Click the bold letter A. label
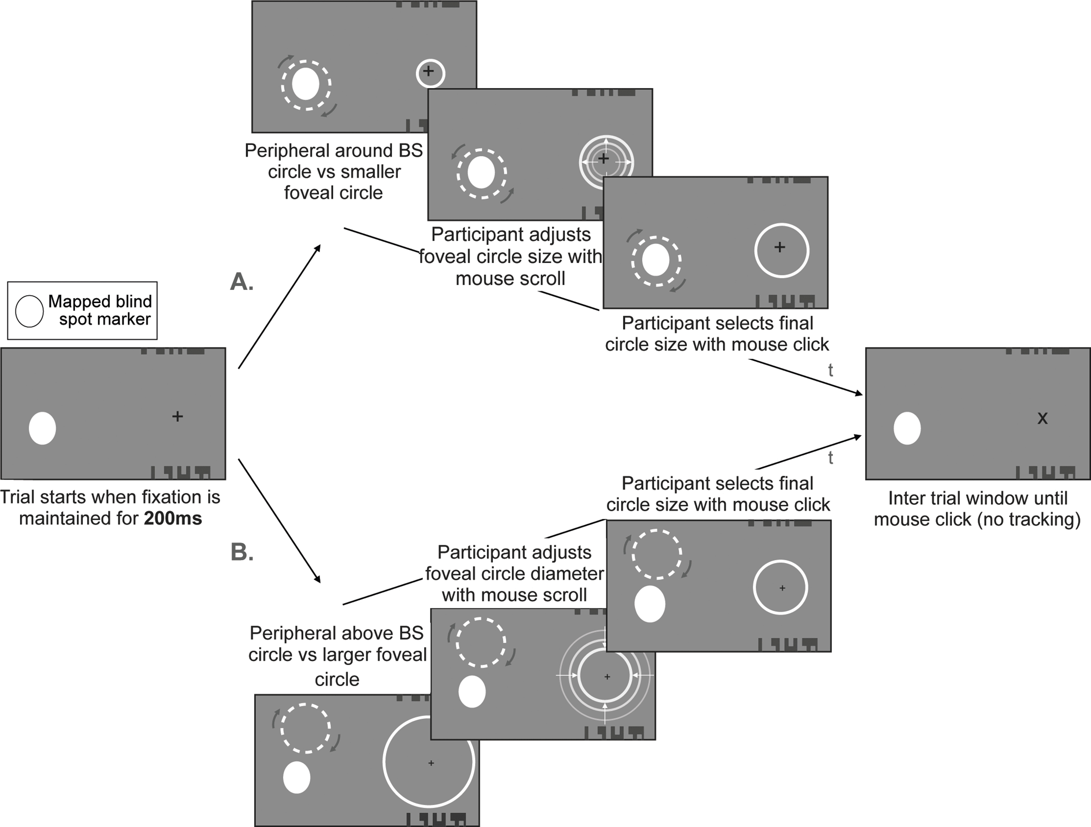point(242,282)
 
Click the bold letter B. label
point(242,553)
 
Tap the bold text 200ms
point(173,519)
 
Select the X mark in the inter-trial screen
point(1042,418)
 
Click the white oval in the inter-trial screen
point(907,428)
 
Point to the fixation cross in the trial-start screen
point(178,417)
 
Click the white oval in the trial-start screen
point(42,428)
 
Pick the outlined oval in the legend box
point(30,311)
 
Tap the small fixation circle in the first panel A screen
point(430,73)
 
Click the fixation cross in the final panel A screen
point(779,247)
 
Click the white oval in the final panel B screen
point(650,603)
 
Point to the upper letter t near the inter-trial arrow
point(831,370)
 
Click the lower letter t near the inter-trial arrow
point(831,458)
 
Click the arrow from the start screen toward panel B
point(279,520)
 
